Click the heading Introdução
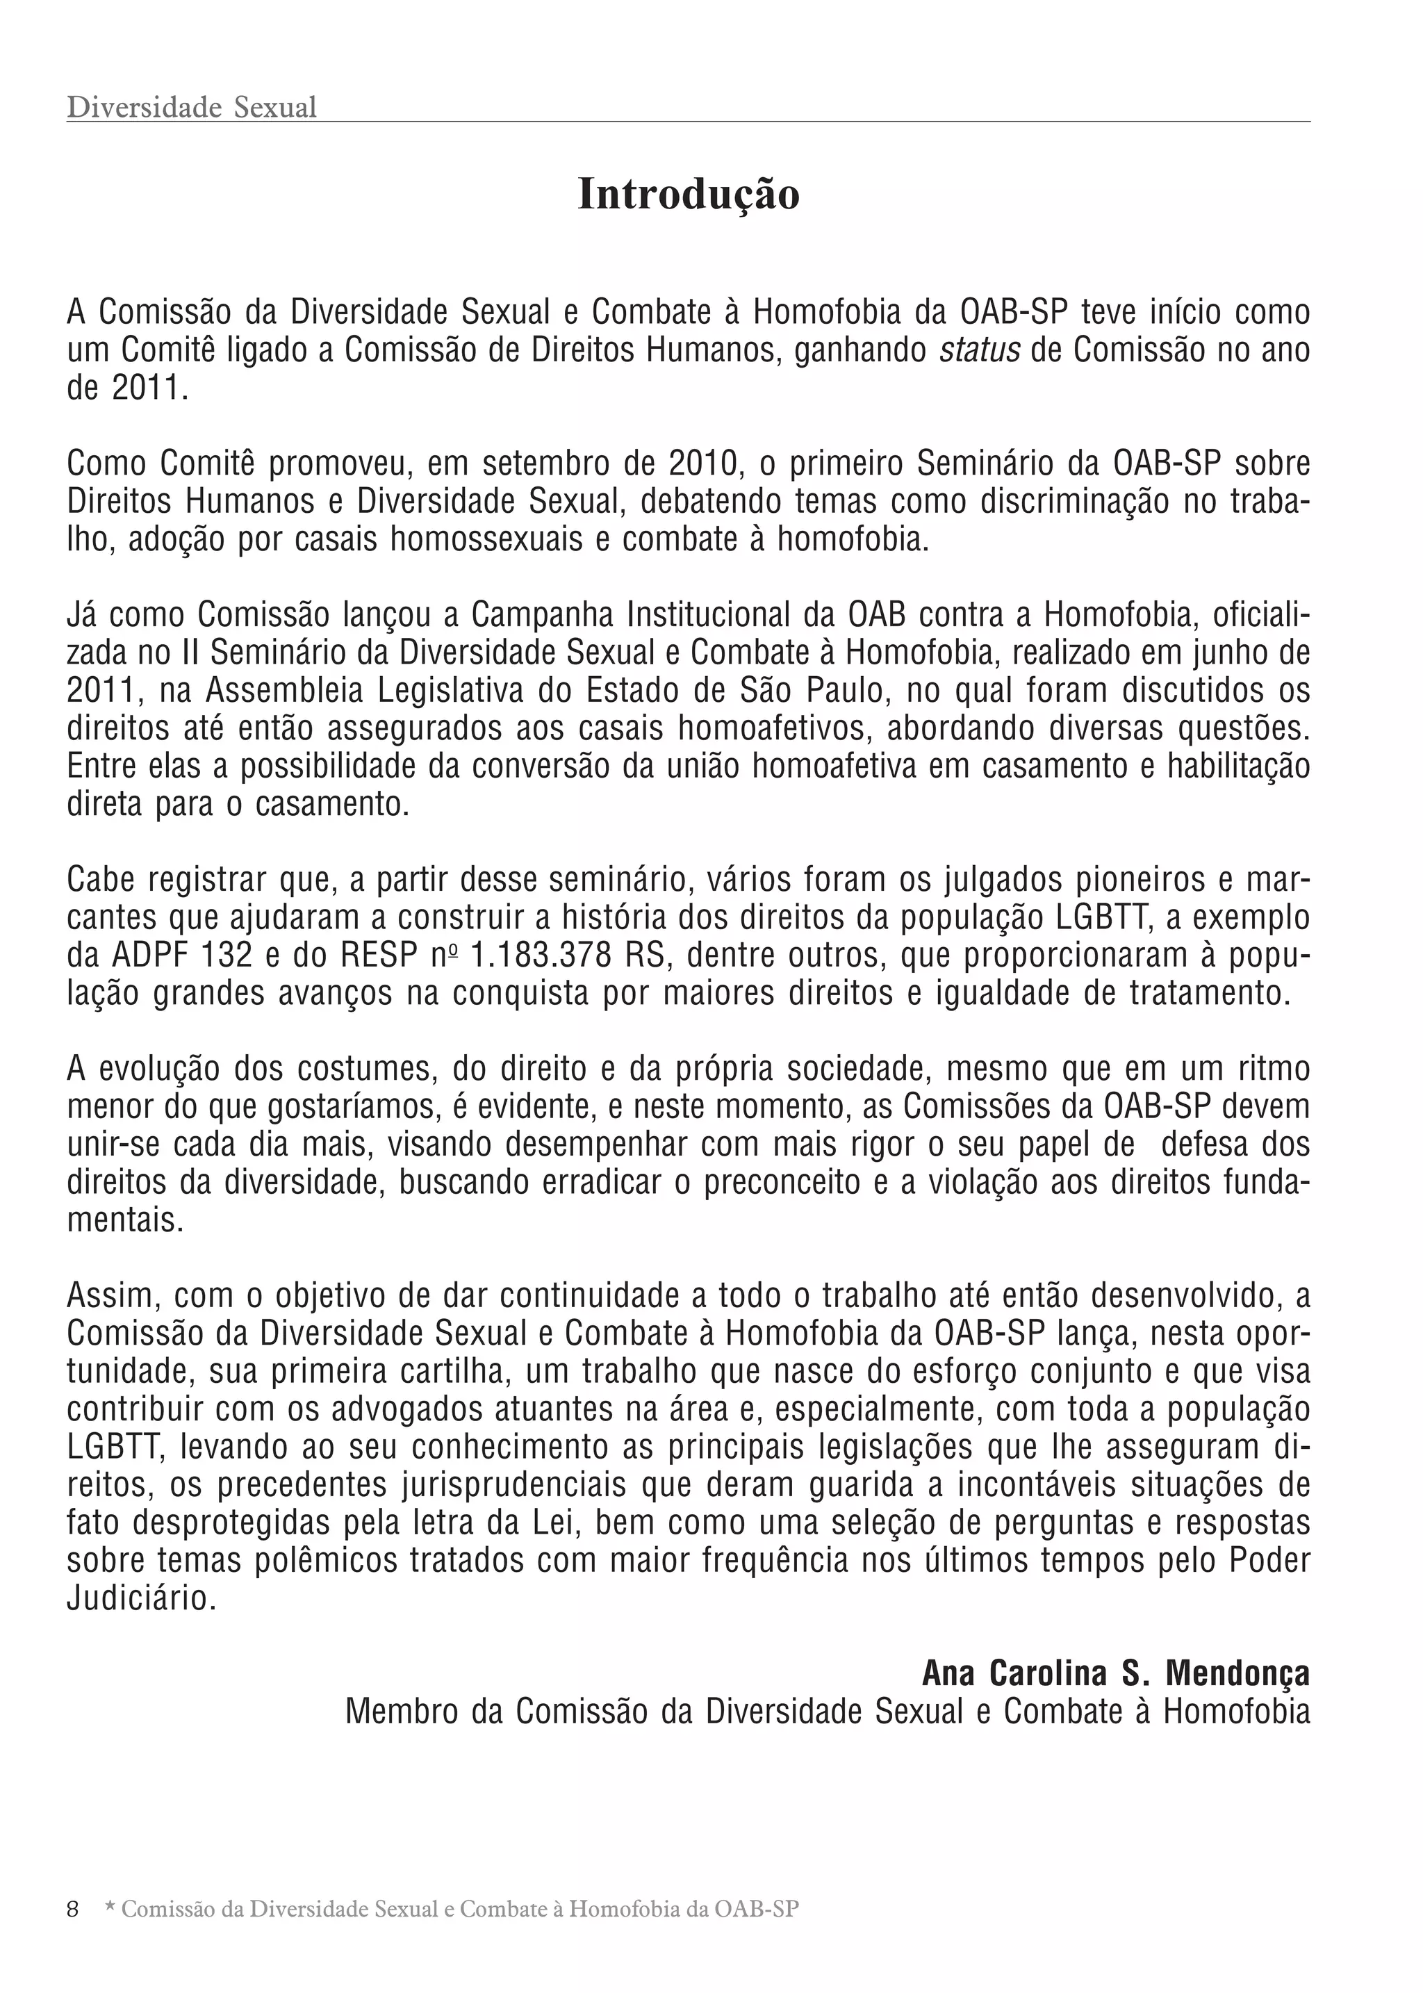coord(689,195)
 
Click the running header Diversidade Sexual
coord(191,108)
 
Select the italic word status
coord(980,350)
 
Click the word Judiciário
coord(140,1600)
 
